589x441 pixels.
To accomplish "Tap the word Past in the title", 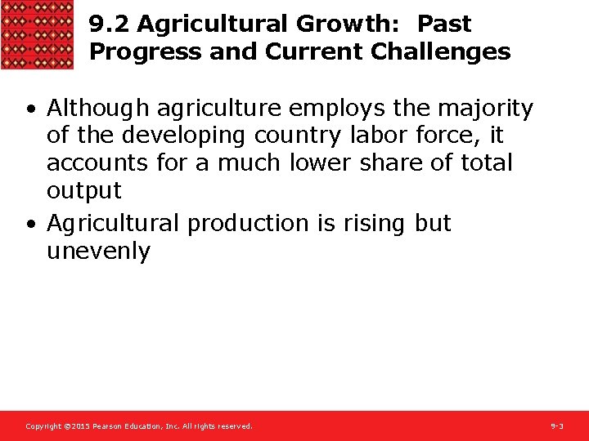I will coord(444,24).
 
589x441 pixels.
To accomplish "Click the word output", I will coord(83,190).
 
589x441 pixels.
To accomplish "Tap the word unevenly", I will coord(98,252).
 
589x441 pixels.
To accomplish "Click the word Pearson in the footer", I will coord(109,426).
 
